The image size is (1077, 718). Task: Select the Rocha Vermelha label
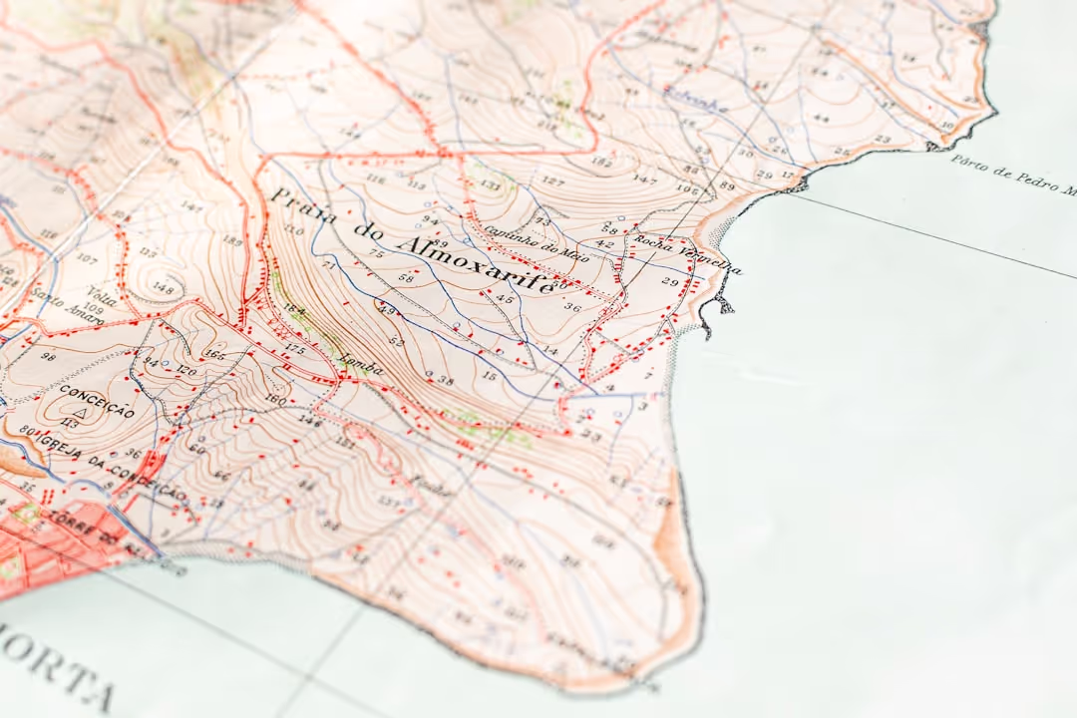(x=682, y=254)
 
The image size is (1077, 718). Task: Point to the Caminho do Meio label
(x=522, y=240)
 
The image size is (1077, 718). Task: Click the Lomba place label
(x=360, y=366)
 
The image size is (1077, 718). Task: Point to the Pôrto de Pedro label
(x=1012, y=174)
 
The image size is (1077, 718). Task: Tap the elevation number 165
(x=214, y=354)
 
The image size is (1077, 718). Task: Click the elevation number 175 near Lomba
(x=294, y=349)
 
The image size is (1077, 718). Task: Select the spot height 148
(x=163, y=290)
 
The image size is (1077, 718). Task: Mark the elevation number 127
(x=551, y=180)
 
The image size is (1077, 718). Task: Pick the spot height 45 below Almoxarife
(x=505, y=299)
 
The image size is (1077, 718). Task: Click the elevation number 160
(x=275, y=401)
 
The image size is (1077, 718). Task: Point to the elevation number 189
(x=231, y=240)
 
